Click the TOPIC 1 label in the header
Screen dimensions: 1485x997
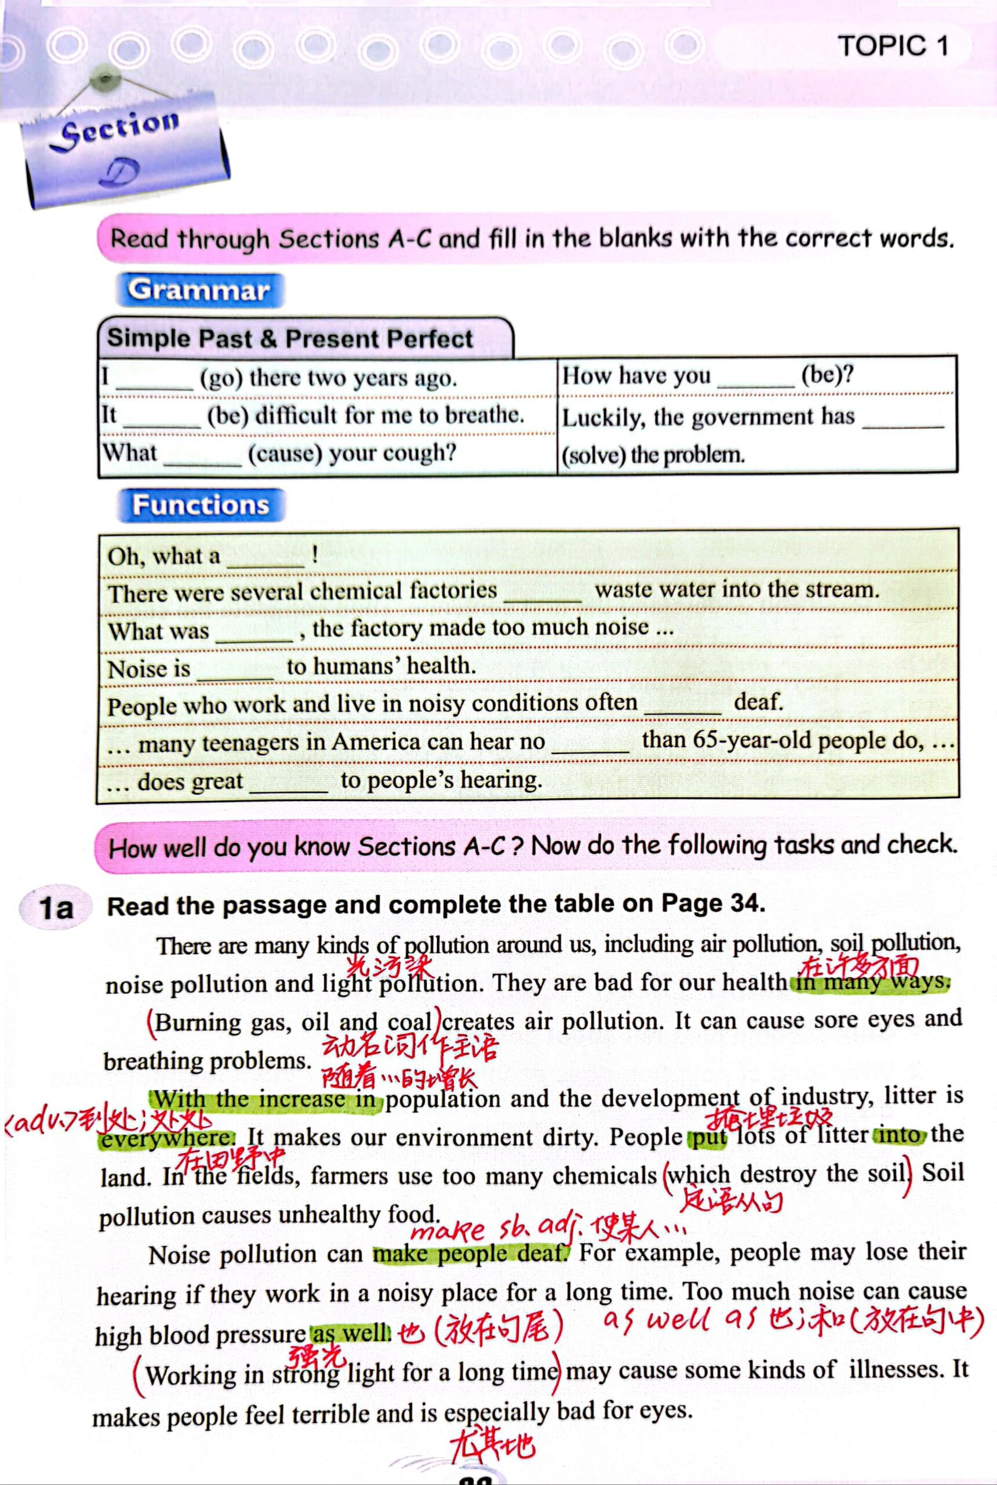892,46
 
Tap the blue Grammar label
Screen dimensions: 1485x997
199,290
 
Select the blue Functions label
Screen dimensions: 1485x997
201,505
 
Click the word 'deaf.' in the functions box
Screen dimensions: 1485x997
758,702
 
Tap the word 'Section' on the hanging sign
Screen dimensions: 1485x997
120,127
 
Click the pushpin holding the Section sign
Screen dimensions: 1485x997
102,79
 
